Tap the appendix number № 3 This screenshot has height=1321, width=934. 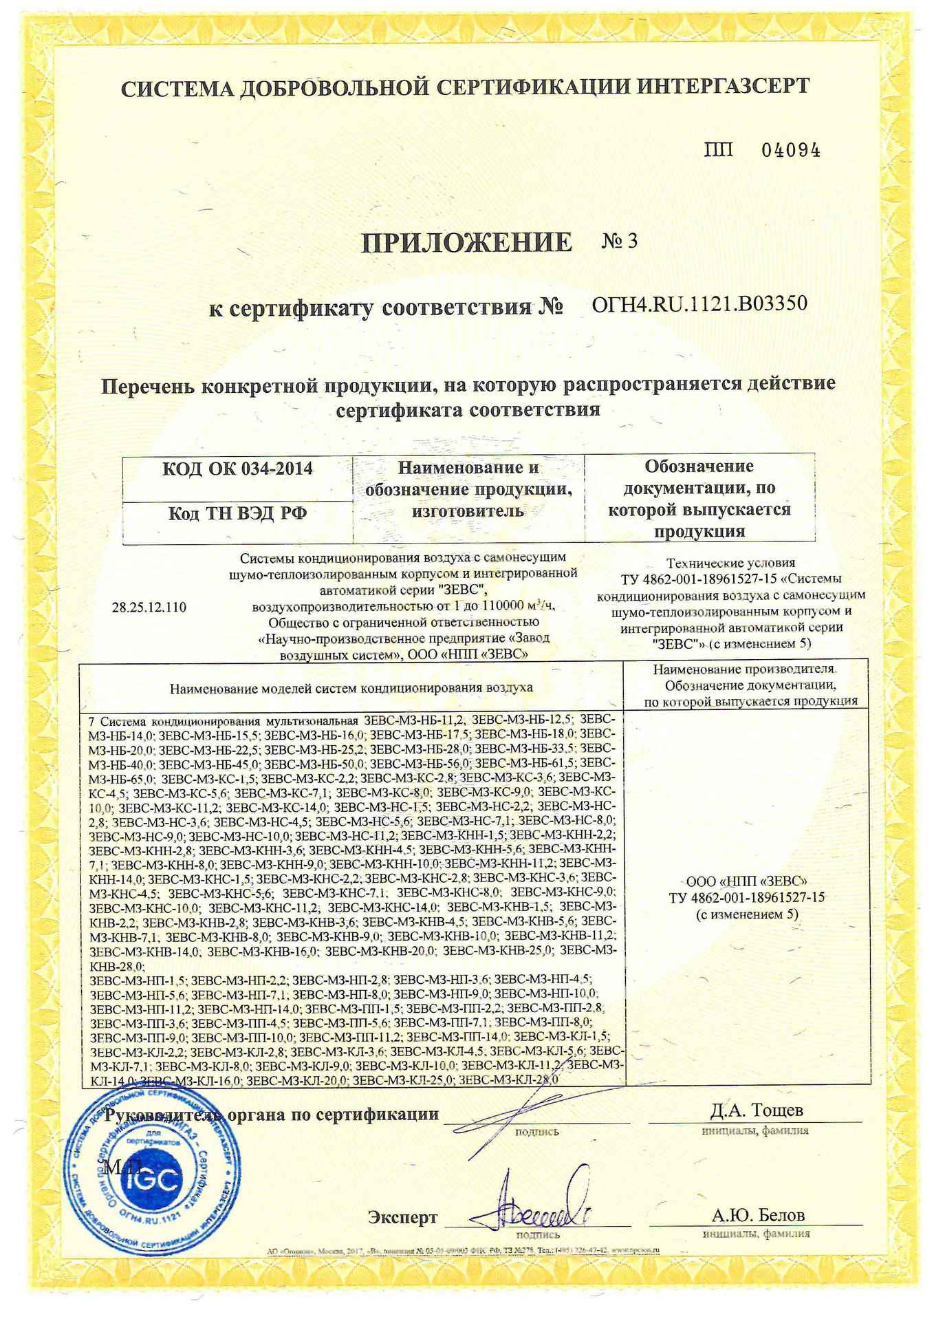620,241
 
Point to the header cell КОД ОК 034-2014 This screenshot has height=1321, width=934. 237,469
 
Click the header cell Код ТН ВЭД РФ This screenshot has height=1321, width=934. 237,513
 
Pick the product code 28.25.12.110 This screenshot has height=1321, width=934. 149,607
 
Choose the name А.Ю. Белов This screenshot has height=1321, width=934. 758,1214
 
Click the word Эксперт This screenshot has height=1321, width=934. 402,1216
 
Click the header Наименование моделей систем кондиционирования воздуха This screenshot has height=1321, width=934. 351,687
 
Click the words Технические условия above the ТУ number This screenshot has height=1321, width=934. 730,562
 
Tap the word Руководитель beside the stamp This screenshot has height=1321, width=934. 163,1115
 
